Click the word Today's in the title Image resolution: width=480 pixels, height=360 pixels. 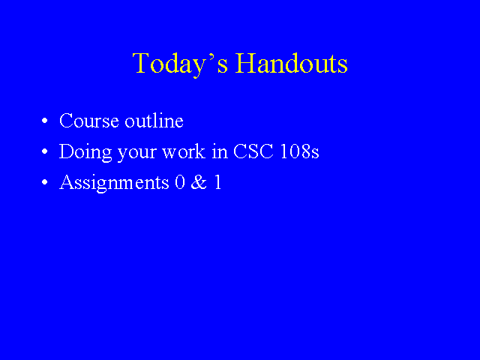(180, 64)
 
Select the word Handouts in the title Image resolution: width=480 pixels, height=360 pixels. (291, 63)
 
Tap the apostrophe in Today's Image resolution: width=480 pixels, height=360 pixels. (211, 56)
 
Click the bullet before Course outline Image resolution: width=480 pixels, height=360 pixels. (45, 121)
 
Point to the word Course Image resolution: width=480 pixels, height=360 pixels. (89, 121)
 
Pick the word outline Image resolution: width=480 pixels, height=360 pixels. (154, 120)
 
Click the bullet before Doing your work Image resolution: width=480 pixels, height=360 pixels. (45, 151)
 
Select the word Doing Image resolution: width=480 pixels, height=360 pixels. (85, 152)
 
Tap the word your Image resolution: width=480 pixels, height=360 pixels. (137, 154)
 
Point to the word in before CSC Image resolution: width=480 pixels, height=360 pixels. (220, 151)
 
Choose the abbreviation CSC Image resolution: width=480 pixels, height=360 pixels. (253, 151)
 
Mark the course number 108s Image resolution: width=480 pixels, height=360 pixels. (299, 151)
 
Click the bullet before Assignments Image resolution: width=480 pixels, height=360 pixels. (45, 182)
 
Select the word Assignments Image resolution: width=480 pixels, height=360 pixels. (114, 183)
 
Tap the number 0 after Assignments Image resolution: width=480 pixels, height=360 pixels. (180, 182)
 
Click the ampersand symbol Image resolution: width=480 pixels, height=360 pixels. (199, 182)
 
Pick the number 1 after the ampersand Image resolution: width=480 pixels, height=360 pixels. (217, 182)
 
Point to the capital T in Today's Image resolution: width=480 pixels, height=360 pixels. (142, 63)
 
